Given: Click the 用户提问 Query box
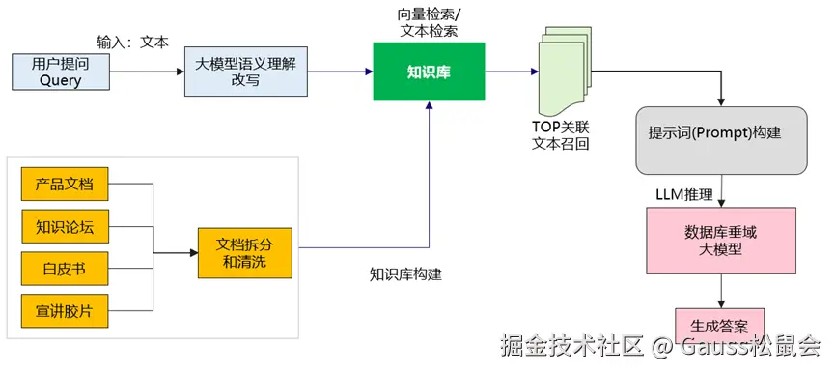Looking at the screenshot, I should (60, 72).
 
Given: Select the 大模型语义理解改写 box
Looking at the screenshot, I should (245, 72).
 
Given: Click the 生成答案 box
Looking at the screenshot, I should (719, 324).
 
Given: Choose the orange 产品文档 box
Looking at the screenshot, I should (64, 184).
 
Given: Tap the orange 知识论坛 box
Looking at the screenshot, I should (64, 227).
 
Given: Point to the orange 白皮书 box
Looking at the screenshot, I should (64, 269).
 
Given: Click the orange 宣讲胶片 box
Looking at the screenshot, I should (64, 312).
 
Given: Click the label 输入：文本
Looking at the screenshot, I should (132, 43).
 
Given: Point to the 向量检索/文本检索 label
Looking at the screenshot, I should (428, 22).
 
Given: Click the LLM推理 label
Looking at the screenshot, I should (683, 195).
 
